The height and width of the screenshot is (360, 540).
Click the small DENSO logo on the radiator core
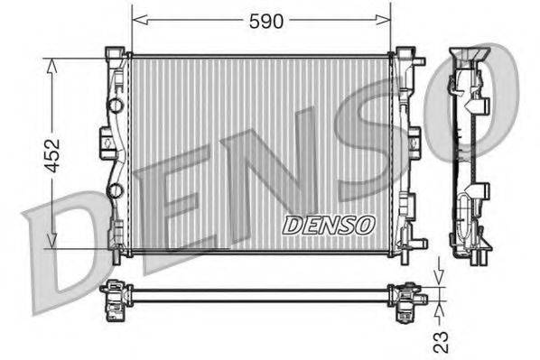tap(326, 224)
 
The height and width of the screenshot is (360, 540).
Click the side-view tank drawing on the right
tap(470, 153)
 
